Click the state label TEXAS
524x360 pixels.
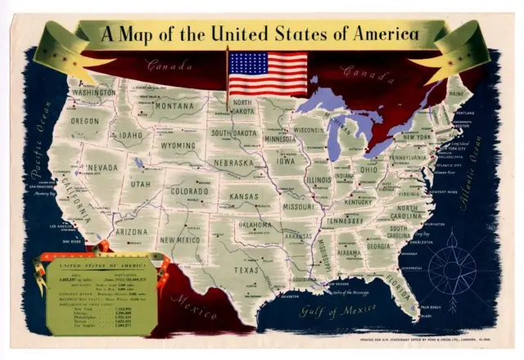tap(246, 269)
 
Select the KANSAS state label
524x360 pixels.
tap(243, 197)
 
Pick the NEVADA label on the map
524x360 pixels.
tap(102, 168)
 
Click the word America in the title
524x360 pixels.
tap(382, 34)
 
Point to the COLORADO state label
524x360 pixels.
tap(192, 192)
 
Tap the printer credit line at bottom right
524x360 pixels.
tap(425, 338)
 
